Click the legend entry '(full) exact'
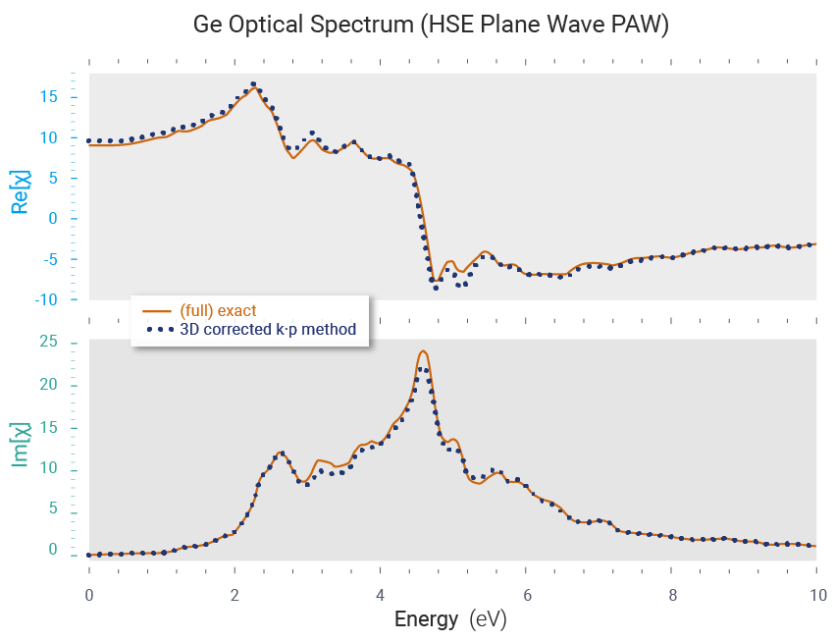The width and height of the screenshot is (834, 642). pos(217,311)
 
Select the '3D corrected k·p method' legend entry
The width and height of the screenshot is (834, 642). pos(267,330)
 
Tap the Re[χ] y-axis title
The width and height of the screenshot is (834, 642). pos(19,190)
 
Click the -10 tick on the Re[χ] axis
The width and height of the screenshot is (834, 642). pos(45,299)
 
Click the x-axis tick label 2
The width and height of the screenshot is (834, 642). pos(235,595)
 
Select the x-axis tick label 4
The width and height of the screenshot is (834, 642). pos(380,595)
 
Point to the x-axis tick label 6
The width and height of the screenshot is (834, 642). pos(526,595)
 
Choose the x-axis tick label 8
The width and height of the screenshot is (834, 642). pos(672,595)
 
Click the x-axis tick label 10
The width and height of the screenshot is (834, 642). pos(816,595)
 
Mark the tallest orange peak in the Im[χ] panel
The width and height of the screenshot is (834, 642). pos(423,350)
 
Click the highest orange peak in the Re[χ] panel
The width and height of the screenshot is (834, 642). pos(255,88)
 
